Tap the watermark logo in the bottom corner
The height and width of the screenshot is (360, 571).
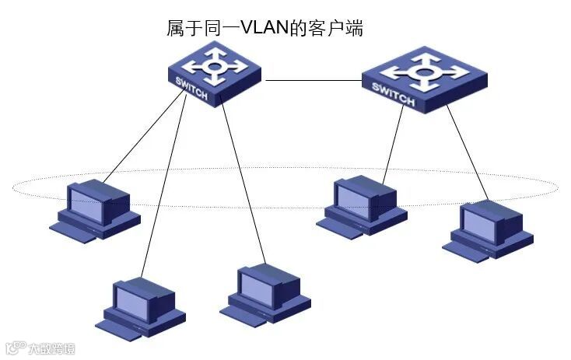click(39, 348)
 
